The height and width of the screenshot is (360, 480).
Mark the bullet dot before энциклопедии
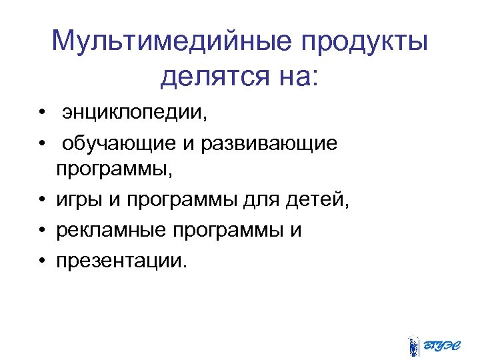[41, 114]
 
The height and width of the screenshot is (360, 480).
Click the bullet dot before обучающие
[41, 143]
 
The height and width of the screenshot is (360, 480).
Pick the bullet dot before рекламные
[41, 229]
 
